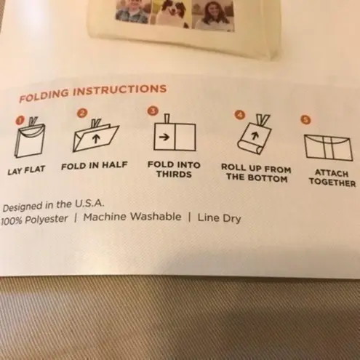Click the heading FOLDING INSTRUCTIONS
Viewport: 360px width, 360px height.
coord(93,93)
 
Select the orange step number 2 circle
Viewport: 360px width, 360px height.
coord(83,113)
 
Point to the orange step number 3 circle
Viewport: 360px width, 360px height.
coord(153,111)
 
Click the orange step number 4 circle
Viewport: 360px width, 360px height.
coord(240,115)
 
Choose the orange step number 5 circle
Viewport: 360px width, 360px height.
coord(306,120)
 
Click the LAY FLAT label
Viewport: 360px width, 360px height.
coord(26,170)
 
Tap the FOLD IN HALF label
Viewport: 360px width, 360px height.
coord(95,166)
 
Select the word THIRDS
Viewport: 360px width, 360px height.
coord(174,175)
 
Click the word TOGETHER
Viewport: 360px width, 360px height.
coord(332,183)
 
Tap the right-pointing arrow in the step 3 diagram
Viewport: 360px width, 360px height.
coord(164,137)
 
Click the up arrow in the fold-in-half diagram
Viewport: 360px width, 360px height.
coord(96,139)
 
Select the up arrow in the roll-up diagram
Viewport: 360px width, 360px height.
coord(254,136)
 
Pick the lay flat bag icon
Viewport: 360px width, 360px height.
coord(31,137)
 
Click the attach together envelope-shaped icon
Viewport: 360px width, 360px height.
coord(328,148)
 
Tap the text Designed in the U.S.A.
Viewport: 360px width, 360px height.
coord(53,206)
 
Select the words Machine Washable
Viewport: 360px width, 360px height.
coord(132,217)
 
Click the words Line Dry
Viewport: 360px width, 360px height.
coord(220,218)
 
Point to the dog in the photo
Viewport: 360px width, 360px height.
coord(171,13)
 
